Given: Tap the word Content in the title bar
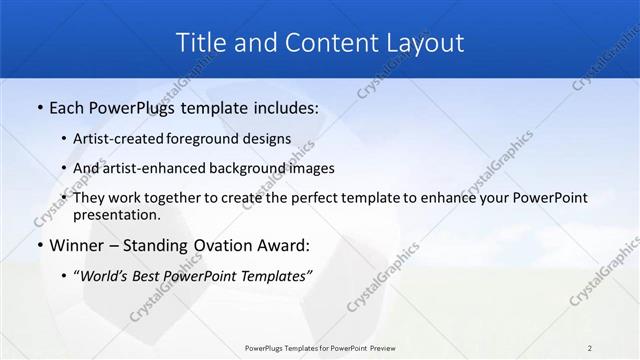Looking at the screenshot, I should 325,42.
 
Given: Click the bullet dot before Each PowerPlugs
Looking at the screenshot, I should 38,107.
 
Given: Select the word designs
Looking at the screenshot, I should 269,140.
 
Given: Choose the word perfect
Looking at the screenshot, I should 317,198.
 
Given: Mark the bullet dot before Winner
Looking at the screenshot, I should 38,245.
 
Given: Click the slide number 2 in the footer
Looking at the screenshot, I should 590,348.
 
